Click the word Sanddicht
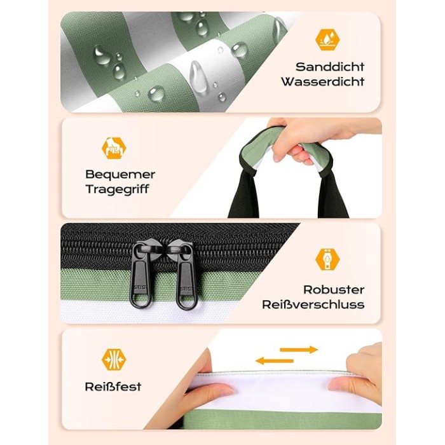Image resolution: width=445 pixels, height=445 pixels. tap(330, 67)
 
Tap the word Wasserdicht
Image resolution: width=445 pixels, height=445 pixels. tap(323, 81)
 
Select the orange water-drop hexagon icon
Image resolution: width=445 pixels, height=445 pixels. tap(327, 39)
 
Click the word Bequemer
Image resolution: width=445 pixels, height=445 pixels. tap(120, 174)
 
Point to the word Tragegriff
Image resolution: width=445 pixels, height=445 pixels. tap(117, 189)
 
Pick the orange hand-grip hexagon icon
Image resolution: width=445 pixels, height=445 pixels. tap(114, 148)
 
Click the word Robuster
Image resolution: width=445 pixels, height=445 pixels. tap(334, 290)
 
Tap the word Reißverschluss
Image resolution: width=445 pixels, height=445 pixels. tap(313, 305)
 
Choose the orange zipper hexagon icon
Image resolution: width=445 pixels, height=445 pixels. tap(327, 259)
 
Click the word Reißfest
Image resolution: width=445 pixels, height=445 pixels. tap(113, 387)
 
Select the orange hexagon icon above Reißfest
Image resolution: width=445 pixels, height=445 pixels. tap(114, 360)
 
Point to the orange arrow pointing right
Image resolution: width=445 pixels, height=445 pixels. tap(299, 350)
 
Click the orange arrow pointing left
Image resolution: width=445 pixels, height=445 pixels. tap(274, 361)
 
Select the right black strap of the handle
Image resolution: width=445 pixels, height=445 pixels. tap(332, 196)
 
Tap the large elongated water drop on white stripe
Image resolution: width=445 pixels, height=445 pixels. tap(198, 76)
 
